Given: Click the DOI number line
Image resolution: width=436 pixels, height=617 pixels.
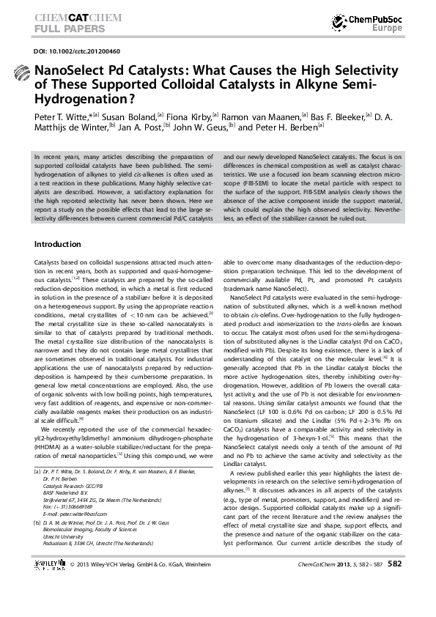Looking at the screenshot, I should point(69,53).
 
